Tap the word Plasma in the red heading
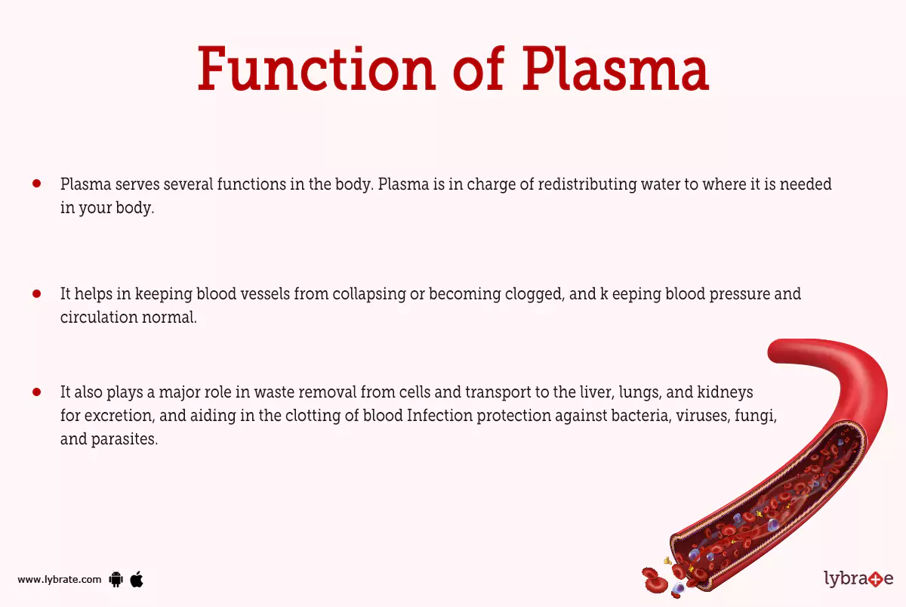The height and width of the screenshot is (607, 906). point(615,70)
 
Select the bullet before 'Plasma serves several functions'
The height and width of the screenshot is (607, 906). point(36,184)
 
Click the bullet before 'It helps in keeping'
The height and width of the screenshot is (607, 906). point(36,293)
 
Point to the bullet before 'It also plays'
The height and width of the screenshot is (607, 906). point(36,392)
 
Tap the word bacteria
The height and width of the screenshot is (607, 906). point(636,417)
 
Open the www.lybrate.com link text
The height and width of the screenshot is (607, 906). point(59,580)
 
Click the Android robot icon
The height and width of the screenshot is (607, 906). point(116,580)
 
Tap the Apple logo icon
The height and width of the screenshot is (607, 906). point(137,580)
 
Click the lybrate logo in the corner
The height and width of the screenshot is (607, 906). point(858,580)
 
